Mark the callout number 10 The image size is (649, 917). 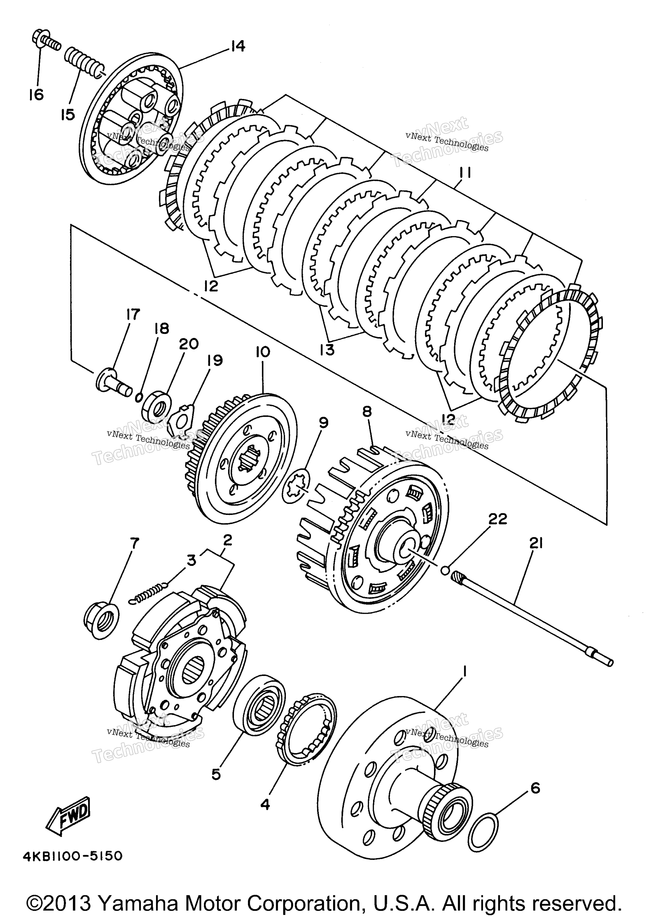click(x=263, y=352)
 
